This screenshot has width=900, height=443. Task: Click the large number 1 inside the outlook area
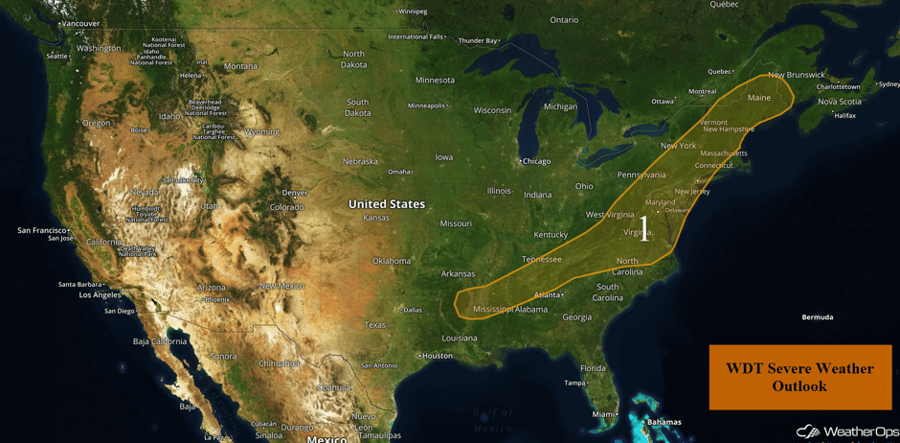coord(644,228)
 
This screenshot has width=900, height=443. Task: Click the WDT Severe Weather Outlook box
coord(799,377)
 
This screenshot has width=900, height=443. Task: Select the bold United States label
coord(386,204)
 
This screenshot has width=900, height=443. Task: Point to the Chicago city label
coord(535,161)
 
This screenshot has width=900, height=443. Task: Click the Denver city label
coord(294,193)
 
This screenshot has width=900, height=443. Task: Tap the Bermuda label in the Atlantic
coord(817,316)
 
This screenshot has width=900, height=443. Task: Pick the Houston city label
coord(437,356)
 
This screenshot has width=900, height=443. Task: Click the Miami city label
coord(603,414)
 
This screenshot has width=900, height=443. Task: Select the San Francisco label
coord(42,230)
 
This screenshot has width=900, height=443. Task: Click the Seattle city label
coord(56,57)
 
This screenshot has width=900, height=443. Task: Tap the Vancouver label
coord(80,23)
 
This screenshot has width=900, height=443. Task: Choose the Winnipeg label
coord(413,12)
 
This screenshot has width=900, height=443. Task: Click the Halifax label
coord(844,115)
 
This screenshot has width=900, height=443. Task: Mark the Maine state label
coord(758,98)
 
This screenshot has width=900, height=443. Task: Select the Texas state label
coord(374,325)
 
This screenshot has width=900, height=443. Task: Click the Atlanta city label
coord(547,295)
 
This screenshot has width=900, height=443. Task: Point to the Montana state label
coord(240,66)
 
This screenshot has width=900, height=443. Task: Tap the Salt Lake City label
coord(184,179)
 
